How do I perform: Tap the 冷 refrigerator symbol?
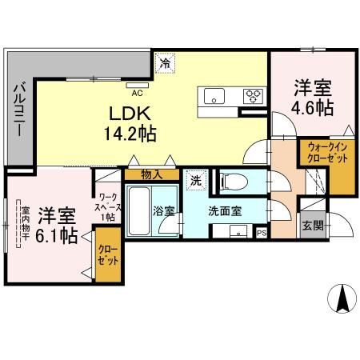click(166, 61)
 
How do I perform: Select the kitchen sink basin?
click(215, 97)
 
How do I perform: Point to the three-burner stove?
click(255, 97)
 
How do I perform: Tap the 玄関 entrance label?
click(313, 226)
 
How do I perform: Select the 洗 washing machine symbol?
click(195, 181)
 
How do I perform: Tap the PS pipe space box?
click(262, 233)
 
